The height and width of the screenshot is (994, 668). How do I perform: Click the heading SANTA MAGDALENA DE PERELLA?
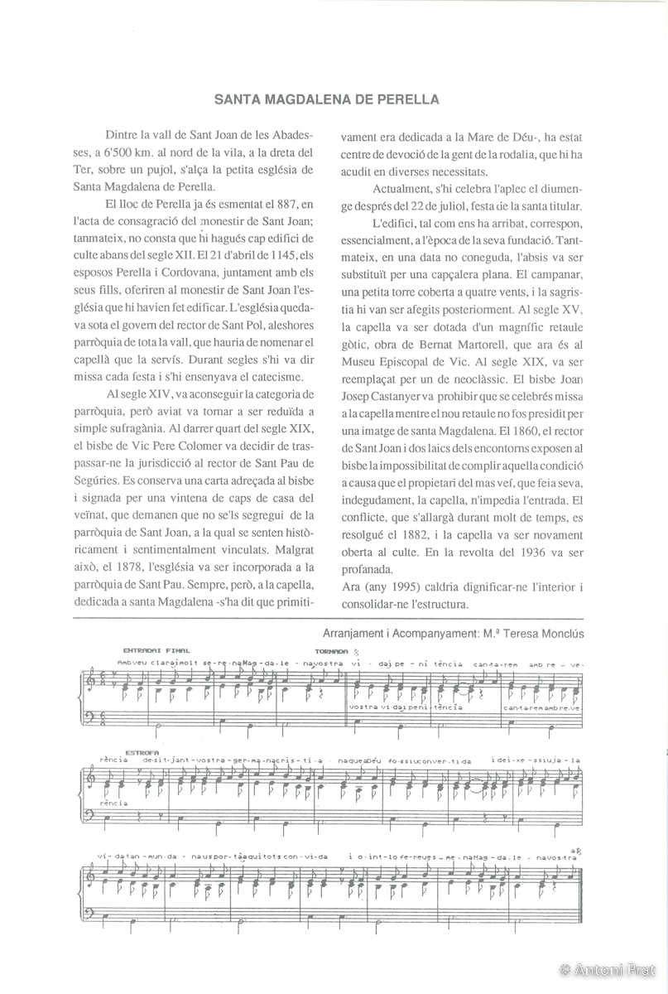point(326,99)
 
